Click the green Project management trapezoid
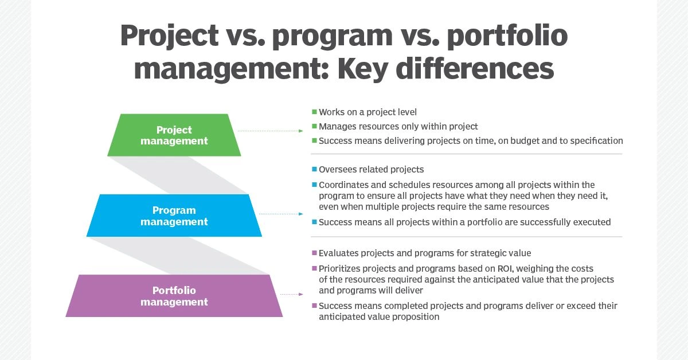pos(174,135)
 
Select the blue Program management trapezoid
pos(174,216)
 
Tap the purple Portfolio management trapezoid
pos(174,296)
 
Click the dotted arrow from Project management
pos(270,131)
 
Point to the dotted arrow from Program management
pos(281,214)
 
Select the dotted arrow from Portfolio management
pos(291,294)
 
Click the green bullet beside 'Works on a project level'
pos(314,112)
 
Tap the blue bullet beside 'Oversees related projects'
pos(314,169)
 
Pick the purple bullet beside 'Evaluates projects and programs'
pos(314,253)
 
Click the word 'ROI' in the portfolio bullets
pos(505,269)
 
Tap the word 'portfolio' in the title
pos(507,36)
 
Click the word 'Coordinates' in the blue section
pos(343,185)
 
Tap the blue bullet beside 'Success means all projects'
pos(314,222)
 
